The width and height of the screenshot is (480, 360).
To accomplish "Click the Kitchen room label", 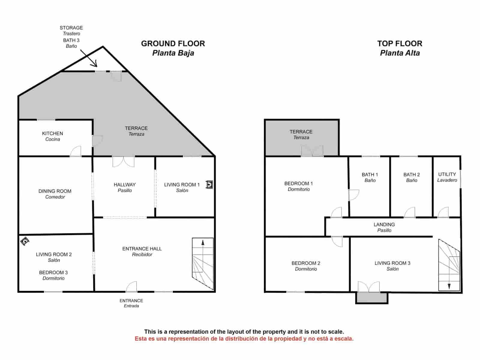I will tap(52, 136).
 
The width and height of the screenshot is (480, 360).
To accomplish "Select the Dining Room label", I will tap(55, 194).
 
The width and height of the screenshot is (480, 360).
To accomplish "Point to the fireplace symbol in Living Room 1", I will tap(209, 184).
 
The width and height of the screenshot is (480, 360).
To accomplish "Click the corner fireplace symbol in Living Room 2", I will tap(25, 241).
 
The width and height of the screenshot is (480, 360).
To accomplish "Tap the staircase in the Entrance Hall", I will tap(203, 263).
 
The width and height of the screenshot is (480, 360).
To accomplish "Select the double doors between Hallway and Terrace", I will tap(123, 161).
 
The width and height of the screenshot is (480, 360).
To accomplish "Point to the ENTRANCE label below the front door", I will tap(131, 303).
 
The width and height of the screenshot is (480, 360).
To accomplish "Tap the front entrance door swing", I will tap(132, 287).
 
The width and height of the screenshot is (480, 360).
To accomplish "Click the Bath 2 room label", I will tap(412, 177).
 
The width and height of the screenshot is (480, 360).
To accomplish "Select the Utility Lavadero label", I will tap(447, 177).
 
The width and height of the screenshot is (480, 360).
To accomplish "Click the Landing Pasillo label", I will tap(384, 227).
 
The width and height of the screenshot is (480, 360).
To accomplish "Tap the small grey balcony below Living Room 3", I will tap(371, 298).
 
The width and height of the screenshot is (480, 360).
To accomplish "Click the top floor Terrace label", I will tap(301, 134).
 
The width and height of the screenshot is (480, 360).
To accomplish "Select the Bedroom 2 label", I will tap(306, 266).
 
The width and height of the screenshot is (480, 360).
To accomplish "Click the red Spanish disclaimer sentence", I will tap(244, 339).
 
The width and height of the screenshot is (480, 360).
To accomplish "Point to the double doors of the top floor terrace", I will tap(312, 151).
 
